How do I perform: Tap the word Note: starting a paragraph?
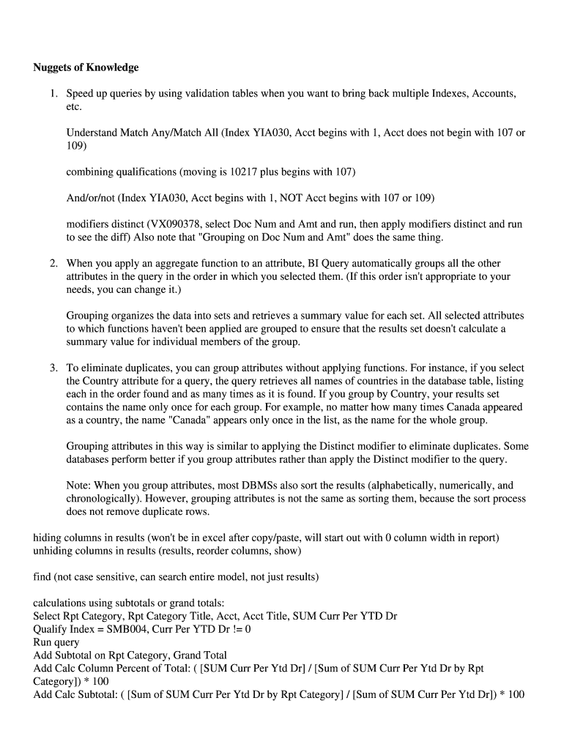[79, 485]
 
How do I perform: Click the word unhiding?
[54, 551]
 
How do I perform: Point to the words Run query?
[56, 642]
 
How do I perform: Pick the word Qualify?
[51, 629]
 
